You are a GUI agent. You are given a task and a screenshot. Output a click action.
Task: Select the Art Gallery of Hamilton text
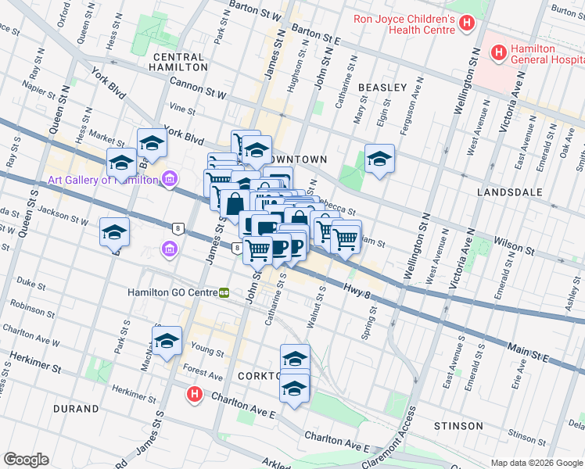click(x=102, y=181)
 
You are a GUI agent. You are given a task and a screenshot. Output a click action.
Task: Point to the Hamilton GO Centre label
click(x=171, y=293)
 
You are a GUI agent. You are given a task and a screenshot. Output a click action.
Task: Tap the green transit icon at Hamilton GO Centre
click(x=225, y=293)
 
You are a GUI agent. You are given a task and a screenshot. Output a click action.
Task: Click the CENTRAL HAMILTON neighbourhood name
click(x=180, y=63)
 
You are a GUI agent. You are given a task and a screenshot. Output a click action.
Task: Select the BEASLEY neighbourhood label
click(x=382, y=88)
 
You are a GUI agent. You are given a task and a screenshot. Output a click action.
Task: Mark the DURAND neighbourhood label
click(x=76, y=409)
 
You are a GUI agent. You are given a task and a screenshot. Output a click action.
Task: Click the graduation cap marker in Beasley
click(x=379, y=159)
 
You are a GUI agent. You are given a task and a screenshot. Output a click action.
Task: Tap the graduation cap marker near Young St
click(x=167, y=341)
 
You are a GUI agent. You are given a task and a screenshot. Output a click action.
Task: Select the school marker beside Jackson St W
click(x=114, y=232)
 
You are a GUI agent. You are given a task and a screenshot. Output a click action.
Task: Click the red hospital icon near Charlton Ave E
click(x=195, y=396)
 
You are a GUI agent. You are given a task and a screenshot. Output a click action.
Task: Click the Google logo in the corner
click(x=26, y=460)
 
